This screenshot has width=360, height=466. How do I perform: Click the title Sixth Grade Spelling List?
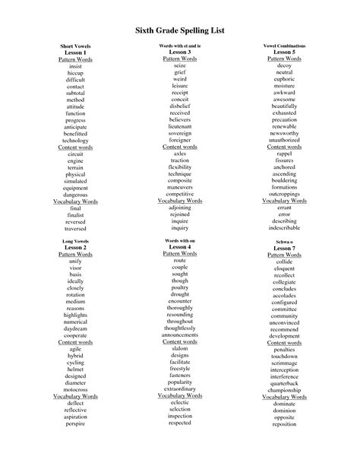click(180, 29)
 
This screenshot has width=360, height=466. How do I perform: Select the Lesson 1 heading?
click(75, 52)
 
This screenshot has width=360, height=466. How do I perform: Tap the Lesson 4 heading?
click(179, 247)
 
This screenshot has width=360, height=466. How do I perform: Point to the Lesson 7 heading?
click(284, 248)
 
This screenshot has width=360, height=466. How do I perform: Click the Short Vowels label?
click(75, 46)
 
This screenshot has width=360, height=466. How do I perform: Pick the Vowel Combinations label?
click(284, 46)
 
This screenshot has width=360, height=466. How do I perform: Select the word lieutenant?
click(179, 126)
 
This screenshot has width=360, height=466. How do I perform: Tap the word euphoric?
click(284, 78)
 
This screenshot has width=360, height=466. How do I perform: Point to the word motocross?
click(75, 389)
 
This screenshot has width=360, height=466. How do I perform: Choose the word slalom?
click(179, 348)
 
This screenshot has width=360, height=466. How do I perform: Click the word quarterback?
click(284, 383)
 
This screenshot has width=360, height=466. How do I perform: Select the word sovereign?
click(179, 133)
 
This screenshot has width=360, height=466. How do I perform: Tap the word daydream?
click(75, 328)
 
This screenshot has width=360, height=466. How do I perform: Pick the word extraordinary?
click(179, 388)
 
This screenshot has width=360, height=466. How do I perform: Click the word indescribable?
click(284, 227)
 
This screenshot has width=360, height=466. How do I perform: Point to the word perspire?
click(75, 423)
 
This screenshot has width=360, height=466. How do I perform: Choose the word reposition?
click(284, 423)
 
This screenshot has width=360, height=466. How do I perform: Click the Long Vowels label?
click(75, 240)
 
